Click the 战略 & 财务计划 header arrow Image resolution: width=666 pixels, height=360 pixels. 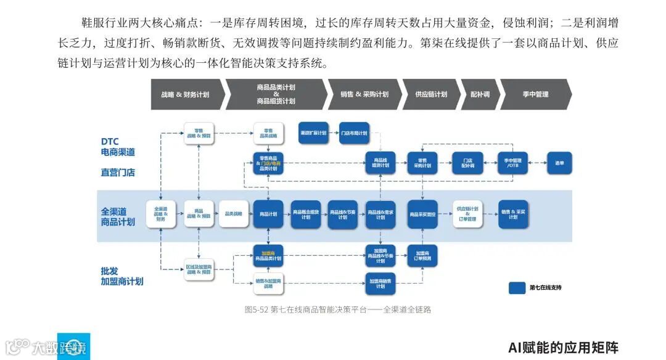point(185,94)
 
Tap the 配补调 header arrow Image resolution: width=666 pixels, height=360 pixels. point(479,94)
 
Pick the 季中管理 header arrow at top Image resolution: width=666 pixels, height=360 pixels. point(534,94)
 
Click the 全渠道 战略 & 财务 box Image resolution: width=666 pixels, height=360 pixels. point(160,213)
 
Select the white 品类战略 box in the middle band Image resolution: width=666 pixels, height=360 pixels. point(233,213)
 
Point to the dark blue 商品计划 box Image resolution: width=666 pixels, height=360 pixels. point(268,214)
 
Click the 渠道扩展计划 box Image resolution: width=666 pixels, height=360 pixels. point(313,133)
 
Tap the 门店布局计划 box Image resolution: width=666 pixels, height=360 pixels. point(354,133)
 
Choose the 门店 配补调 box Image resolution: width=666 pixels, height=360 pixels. point(468,163)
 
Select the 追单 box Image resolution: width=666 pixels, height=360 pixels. point(559,163)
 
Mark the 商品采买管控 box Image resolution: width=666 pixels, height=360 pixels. point(422,214)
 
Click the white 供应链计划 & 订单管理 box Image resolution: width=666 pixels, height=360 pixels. point(467,214)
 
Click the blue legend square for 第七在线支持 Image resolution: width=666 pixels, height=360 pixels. point(517,287)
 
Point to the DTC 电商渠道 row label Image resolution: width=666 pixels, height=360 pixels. point(117,146)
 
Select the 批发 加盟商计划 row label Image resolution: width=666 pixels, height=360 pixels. point(121,275)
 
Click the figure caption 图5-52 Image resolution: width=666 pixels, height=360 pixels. point(337,309)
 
